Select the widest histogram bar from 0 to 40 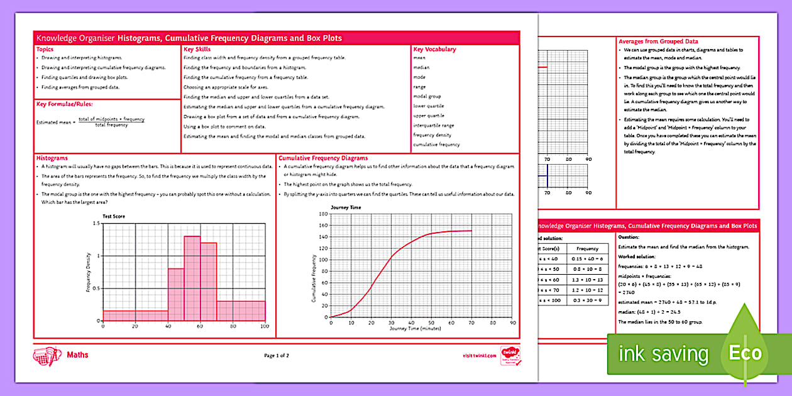point(135,316)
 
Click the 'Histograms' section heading point(52,158)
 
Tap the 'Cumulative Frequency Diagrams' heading point(323,158)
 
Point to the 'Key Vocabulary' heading point(434,49)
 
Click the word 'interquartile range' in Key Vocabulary point(434,125)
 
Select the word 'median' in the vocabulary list point(421,67)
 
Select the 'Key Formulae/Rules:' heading point(61,104)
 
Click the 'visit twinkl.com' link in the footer point(480,355)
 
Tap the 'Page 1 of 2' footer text point(277,356)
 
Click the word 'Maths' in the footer point(77,355)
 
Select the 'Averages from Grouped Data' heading point(658,41)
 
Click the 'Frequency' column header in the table point(587,249)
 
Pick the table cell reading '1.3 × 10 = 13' point(587,279)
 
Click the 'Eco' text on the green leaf point(746,353)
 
